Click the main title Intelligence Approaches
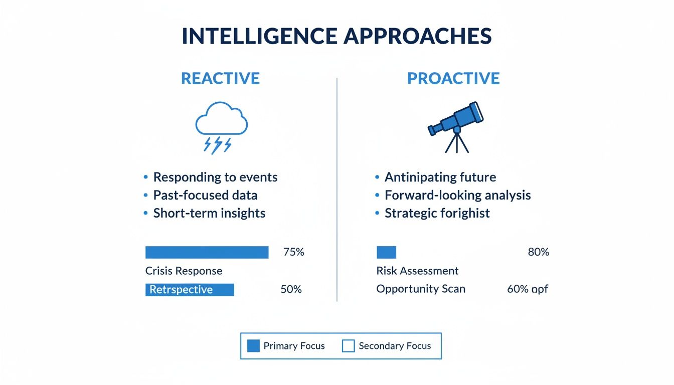336,37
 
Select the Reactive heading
220,79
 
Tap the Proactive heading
453,79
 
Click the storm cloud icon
221,126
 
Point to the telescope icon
455,125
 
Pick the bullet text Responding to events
215,177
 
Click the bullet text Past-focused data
205,195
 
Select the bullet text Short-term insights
209,213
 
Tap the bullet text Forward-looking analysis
457,195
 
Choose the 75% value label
293,252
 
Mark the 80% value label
538,252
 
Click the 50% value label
291,289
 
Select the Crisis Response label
184,271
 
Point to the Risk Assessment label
417,271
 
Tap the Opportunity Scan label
421,289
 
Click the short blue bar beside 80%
386,252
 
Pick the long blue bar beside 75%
207,252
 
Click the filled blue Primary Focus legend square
254,346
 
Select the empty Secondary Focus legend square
348,346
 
